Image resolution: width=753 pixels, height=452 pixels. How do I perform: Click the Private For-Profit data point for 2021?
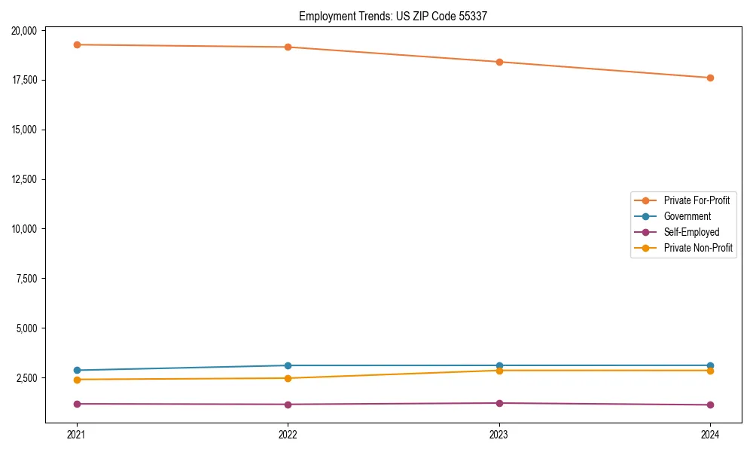click(x=76, y=44)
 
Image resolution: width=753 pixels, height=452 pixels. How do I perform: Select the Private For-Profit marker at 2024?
click(x=710, y=78)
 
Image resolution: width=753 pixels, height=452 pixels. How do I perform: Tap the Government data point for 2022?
click(x=288, y=365)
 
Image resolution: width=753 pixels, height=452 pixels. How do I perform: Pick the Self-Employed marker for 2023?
click(x=499, y=403)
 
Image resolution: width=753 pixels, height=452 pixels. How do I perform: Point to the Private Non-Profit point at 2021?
click(x=76, y=380)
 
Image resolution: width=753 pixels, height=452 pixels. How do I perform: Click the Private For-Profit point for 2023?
click(x=499, y=62)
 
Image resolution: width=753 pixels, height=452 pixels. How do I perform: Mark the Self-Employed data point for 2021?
click(x=76, y=404)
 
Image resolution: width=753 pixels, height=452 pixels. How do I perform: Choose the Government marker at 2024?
click(x=710, y=365)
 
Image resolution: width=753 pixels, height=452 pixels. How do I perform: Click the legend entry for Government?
click(x=687, y=216)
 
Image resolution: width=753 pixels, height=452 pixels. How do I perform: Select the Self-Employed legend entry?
click(x=691, y=232)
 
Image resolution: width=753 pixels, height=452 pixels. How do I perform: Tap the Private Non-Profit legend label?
click(x=698, y=248)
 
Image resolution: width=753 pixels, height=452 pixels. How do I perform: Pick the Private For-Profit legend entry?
click(x=696, y=200)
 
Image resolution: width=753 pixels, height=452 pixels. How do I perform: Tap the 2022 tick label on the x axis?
click(x=288, y=434)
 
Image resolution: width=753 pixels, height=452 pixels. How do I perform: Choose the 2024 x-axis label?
click(x=710, y=434)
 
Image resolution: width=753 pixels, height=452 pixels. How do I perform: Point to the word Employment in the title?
click(x=323, y=16)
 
